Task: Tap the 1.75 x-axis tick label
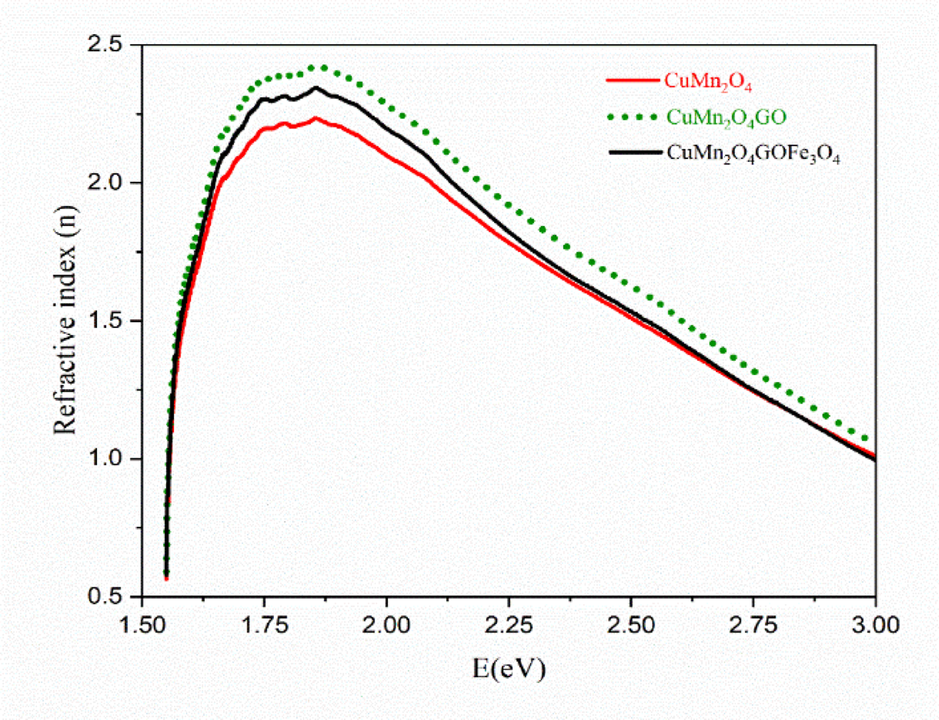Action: coord(265,625)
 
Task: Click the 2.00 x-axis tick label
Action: coord(387,625)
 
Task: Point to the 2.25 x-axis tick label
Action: coord(509,625)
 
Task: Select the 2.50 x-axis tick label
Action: coord(631,625)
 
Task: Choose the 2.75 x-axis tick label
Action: coord(754,625)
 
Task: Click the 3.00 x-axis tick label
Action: coord(876,625)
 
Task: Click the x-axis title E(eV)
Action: coord(508,669)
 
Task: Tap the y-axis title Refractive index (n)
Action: coord(66,319)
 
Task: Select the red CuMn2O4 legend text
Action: coord(707,81)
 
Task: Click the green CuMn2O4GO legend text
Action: coord(725,118)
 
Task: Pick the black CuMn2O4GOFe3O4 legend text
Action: coord(753,154)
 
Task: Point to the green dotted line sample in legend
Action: coord(632,116)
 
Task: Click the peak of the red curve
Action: coord(314,118)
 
